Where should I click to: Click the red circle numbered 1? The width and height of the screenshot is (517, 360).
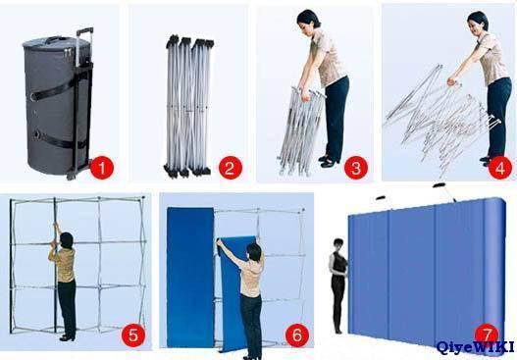click(x=102, y=168)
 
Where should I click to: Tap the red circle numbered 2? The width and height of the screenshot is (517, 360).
click(x=231, y=168)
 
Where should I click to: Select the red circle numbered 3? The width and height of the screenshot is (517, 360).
click(x=356, y=168)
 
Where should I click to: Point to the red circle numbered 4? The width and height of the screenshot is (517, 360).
click(x=500, y=168)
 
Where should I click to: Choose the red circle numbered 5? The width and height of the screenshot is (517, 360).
click(x=133, y=335)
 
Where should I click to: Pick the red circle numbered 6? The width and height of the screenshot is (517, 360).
click(x=297, y=335)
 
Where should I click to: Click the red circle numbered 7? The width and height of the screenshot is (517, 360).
click(x=487, y=334)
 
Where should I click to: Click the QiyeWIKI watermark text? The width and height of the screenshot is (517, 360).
click(x=475, y=347)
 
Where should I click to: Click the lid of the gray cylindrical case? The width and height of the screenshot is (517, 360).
click(x=56, y=42)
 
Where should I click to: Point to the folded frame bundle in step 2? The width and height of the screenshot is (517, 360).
click(x=188, y=107)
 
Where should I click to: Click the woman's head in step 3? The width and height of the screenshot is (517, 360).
click(x=308, y=19)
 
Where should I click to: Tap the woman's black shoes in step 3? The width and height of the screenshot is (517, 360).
click(x=329, y=161)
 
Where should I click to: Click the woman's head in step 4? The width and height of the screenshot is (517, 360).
click(x=478, y=22)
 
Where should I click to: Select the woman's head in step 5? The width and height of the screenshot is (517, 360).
click(x=67, y=240)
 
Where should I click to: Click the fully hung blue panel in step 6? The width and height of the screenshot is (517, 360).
click(x=190, y=277)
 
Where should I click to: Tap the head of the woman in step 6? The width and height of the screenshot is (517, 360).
click(x=254, y=252)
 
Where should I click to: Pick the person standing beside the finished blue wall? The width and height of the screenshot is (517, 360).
click(x=338, y=285)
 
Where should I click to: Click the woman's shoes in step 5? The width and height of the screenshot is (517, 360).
click(x=68, y=337)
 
